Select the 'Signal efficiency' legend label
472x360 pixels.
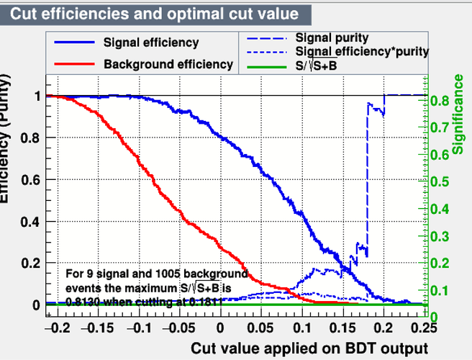pos(150,43)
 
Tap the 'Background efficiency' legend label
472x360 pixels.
pos(168,64)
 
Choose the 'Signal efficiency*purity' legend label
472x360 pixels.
pos(362,51)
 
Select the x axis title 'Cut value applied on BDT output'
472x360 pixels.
pos(304,348)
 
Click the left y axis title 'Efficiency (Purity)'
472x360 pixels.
pos(8,144)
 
